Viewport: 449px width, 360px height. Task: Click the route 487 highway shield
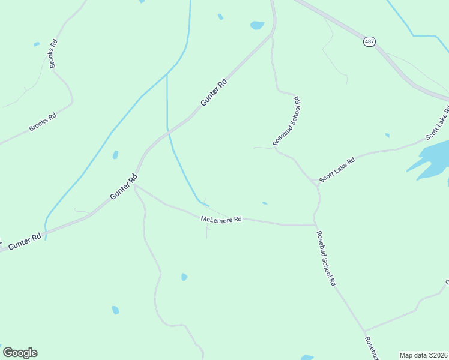pos(369,41)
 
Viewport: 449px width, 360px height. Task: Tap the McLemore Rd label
pos(221,220)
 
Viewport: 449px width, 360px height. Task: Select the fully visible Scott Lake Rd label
pos(337,170)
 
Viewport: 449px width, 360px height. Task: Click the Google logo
pos(20,353)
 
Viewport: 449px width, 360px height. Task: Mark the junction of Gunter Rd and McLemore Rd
pos(134,186)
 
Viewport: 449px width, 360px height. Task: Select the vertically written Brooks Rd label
pos(53,53)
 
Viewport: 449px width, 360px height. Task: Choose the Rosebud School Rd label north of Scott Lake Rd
pos(286,121)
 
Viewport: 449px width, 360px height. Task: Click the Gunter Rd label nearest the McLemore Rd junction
pos(124,187)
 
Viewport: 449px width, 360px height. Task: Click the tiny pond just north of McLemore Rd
pos(264,203)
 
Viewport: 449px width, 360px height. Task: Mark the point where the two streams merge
pos(167,75)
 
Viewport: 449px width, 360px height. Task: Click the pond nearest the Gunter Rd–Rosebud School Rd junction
pos(257,25)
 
